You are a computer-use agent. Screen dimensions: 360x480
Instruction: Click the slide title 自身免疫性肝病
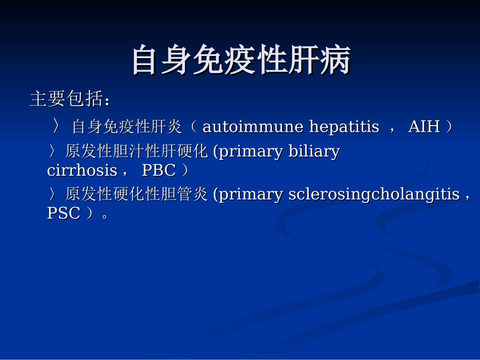241,61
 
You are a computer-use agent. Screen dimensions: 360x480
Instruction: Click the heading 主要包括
66,99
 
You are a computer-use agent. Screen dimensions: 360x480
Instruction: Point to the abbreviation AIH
424,127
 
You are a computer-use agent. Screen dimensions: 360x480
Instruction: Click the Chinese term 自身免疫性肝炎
127,127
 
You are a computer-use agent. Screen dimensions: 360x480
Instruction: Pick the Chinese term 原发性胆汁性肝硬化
136,151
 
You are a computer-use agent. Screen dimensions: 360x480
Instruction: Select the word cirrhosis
82,171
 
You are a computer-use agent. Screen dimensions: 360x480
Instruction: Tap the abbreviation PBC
159,171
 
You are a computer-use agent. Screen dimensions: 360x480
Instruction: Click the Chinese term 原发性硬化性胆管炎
136,194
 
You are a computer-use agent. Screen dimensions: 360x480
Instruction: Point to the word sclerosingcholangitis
374,194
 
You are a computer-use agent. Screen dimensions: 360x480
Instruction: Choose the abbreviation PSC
64,214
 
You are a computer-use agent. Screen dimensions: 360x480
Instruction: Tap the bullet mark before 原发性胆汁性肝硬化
53,151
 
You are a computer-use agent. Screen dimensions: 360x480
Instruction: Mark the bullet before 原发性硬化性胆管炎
53,194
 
